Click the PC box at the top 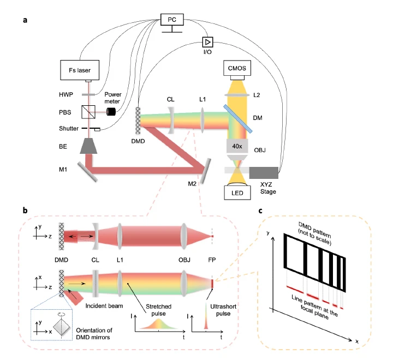[x=172, y=20]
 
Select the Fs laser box [x=80, y=70]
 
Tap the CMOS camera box [x=237, y=68]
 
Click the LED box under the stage [x=237, y=193]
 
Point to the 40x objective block [x=237, y=146]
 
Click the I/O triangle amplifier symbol [x=208, y=42]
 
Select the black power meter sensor [x=111, y=112]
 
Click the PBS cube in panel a [x=88, y=112]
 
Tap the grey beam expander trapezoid [x=88, y=146]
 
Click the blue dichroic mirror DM [x=238, y=119]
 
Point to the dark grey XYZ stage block [x=264, y=172]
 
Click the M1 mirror [x=87, y=172]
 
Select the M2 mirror [x=205, y=171]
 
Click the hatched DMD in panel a [x=138, y=121]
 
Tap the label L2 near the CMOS [x=257, y=95]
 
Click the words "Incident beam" [x=104, y=306]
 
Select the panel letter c [x=260, y=211]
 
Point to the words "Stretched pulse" [x=159, y=310]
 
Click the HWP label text [x=66, y=94]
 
